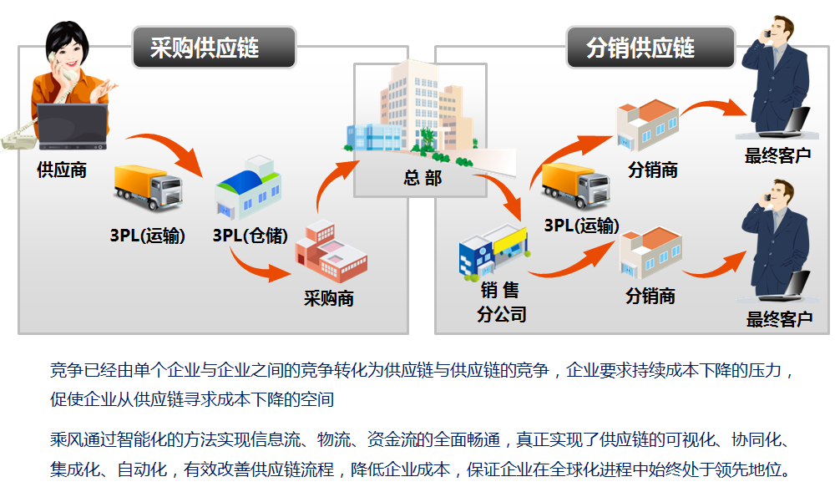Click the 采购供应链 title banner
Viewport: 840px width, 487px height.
(214, 48)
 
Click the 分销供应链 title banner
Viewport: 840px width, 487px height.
(650, 48)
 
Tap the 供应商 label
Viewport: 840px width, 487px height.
(62, 170)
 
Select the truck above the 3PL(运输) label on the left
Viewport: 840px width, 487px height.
(147, 187)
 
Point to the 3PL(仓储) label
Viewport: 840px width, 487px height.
(250, 236)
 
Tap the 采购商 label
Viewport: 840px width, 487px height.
(329, 298)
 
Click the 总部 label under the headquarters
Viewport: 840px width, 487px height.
(422, 178)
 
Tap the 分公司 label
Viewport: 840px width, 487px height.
(501, 314)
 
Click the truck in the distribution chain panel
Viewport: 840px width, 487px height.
(575, 185)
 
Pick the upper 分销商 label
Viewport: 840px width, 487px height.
(652, 170)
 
